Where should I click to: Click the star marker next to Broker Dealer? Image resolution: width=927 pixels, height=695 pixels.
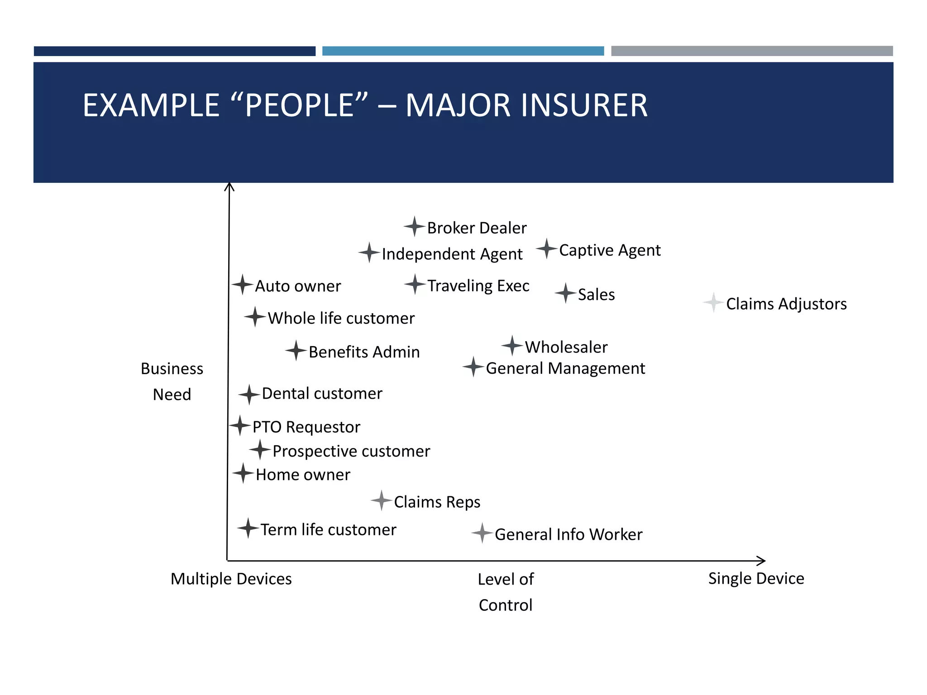point(414,226)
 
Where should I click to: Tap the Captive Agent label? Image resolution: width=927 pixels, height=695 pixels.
point(610,250)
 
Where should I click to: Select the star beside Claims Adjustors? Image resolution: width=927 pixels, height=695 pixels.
point(713,302)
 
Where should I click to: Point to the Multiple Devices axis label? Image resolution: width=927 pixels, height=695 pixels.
point(231,579)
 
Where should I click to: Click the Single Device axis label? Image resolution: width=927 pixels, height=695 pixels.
point(756,578)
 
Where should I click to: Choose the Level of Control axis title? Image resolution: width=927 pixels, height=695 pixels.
point(506,592)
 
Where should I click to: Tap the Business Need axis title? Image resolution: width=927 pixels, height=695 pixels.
point(172,381)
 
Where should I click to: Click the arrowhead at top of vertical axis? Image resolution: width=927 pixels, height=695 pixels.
point(229,186)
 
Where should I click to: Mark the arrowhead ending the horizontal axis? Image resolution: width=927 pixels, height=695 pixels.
point(762,561)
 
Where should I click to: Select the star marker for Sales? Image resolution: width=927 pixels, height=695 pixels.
point(565,293)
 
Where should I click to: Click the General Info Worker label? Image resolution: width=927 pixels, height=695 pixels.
point(569,534)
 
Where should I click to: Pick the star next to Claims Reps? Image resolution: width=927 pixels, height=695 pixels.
point(382,500)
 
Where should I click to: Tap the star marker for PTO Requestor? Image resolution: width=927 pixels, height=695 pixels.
point(240,425)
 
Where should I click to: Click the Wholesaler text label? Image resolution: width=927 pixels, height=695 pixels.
point(566,347)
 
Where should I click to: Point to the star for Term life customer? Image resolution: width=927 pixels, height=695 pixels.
point(248,528)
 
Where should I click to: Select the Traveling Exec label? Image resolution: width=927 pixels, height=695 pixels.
point(478,286)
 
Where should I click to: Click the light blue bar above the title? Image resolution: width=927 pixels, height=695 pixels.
point(463,51)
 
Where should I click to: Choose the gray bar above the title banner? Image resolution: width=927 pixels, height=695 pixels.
point(751,51)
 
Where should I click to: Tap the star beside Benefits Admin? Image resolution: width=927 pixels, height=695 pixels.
point(296,351)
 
